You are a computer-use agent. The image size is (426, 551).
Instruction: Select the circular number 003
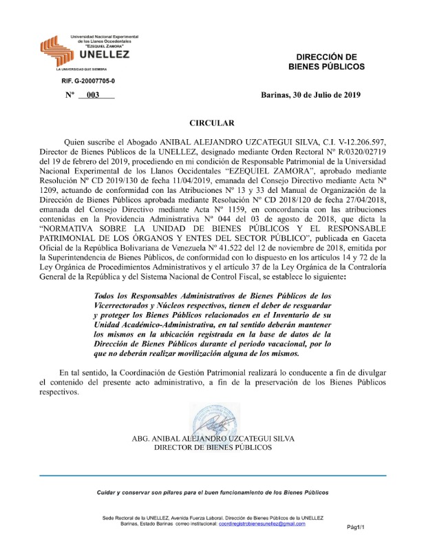93,96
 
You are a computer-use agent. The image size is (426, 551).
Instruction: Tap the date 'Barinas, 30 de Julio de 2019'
310,96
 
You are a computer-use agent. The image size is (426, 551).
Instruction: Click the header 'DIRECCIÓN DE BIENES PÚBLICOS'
326,61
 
